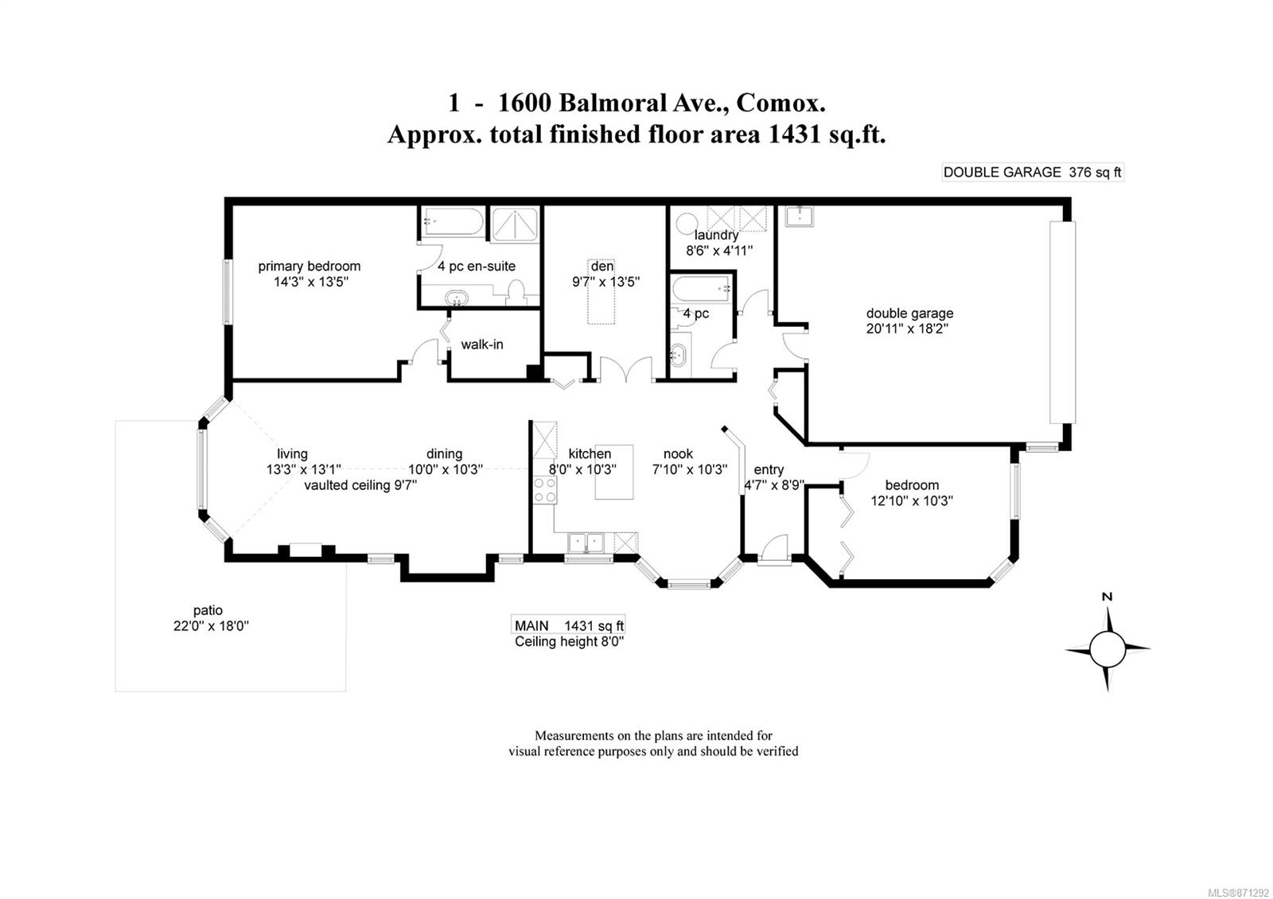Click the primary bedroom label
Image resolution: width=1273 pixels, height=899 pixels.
coord(309,266)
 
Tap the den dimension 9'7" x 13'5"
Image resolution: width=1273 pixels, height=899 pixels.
coord(605,282)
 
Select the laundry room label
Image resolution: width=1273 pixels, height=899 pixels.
coord(716,235)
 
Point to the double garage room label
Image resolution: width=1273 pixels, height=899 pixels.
coord(909,313)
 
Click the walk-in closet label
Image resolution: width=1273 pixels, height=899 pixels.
coord(482,344)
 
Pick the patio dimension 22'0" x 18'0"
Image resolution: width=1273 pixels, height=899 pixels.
coord(212,625)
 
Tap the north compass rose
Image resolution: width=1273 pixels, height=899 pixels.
coord(1107,648)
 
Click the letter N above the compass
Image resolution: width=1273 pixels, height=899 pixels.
coord(1107,597)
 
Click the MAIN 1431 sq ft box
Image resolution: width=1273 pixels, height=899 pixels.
coord(568,625)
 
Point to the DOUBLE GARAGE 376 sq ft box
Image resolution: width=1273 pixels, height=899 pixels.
coord(1033,172)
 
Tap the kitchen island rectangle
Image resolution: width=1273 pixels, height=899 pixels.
coord(613,472)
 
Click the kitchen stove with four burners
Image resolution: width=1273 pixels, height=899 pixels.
coord(545,490)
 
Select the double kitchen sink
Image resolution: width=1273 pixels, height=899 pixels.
coord(586,542)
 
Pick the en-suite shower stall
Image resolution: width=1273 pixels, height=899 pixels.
coord(514,224)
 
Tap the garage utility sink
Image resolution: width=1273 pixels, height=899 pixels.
coord(800,216)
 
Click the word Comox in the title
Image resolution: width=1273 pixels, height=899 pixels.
coord(781,103)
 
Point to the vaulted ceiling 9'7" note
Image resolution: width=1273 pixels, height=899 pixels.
coord(360,485)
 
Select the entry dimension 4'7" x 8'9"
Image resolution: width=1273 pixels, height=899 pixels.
coord(775,485)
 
